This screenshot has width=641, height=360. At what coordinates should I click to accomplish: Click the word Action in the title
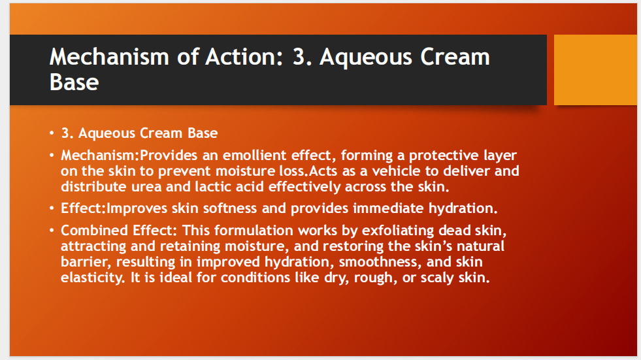point(239,57)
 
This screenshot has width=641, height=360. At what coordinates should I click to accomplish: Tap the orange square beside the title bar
point(595,70)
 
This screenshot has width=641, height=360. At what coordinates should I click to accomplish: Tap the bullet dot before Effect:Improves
point(52,210)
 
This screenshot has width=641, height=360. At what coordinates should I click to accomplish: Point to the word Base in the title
point(74,82)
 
